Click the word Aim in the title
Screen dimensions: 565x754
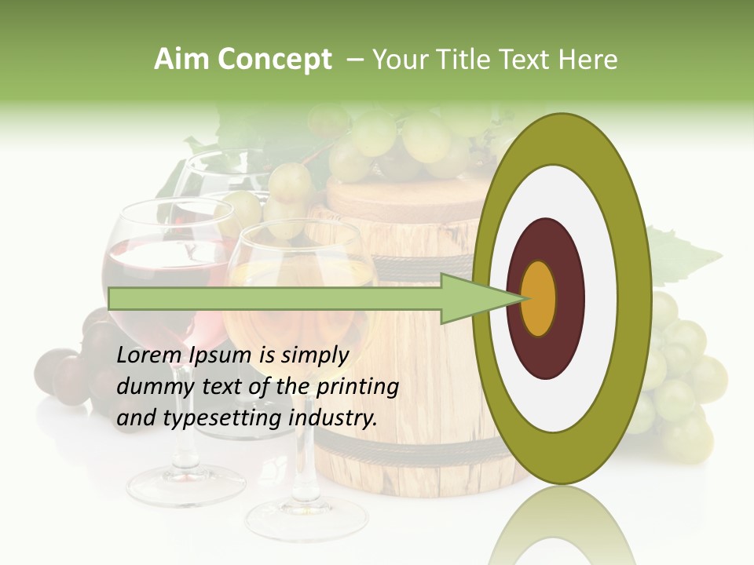click(182, 60)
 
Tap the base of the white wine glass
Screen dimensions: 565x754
click(306, 518)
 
